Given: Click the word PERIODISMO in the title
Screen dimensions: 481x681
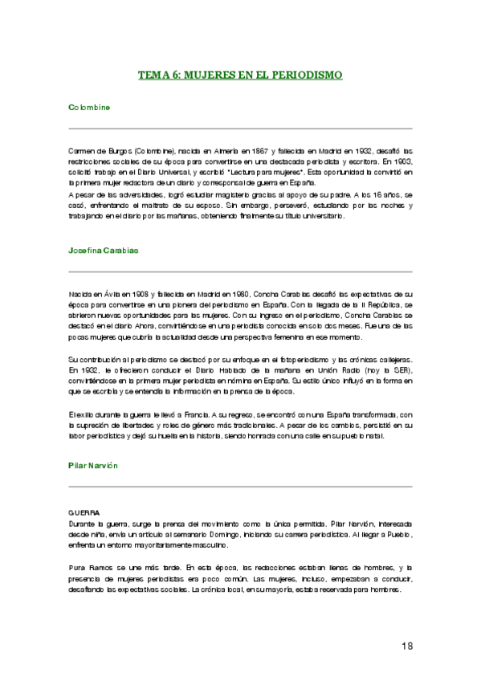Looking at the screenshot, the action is pyautogui.click(x=307, y=75).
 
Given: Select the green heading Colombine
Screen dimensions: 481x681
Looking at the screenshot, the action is pyautogui.click(x=89, y=107).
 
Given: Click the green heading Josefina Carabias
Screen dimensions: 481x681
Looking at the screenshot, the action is pyautogui.click(x=104, y=251).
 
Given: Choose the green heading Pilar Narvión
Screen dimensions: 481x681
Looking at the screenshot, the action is pyautogui.click(x=94, y=465).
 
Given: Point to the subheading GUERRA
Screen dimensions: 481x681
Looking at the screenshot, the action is pyautogui.click(x=84, y=512).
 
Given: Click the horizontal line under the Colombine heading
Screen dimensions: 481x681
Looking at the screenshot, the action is pyautogui.click(x=240, y=128).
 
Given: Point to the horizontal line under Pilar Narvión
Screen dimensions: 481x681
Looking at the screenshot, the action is pyautogui.click(x=240, y=487).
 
